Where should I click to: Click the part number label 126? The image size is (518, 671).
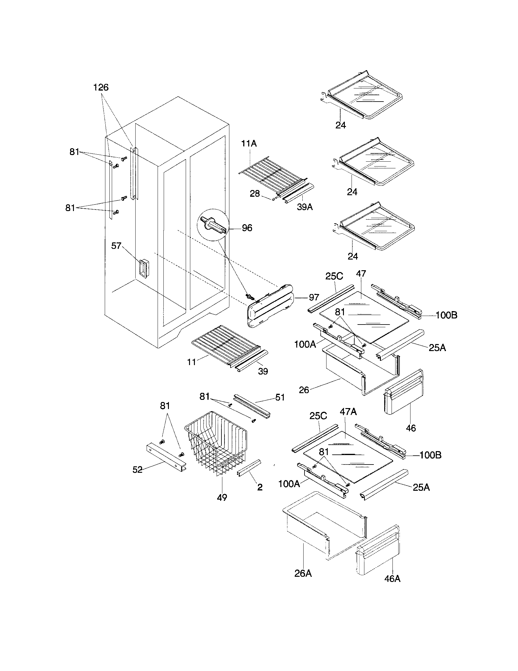click(101, 88)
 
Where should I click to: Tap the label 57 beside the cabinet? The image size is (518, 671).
click(116, 246)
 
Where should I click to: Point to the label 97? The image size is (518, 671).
click(314, 297)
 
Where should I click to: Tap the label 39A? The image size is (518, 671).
click(305, 207)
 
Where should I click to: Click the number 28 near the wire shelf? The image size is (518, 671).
click(255, 194)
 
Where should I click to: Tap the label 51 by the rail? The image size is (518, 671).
click(280, 397)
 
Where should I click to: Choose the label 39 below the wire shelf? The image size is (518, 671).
click(263, 371)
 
